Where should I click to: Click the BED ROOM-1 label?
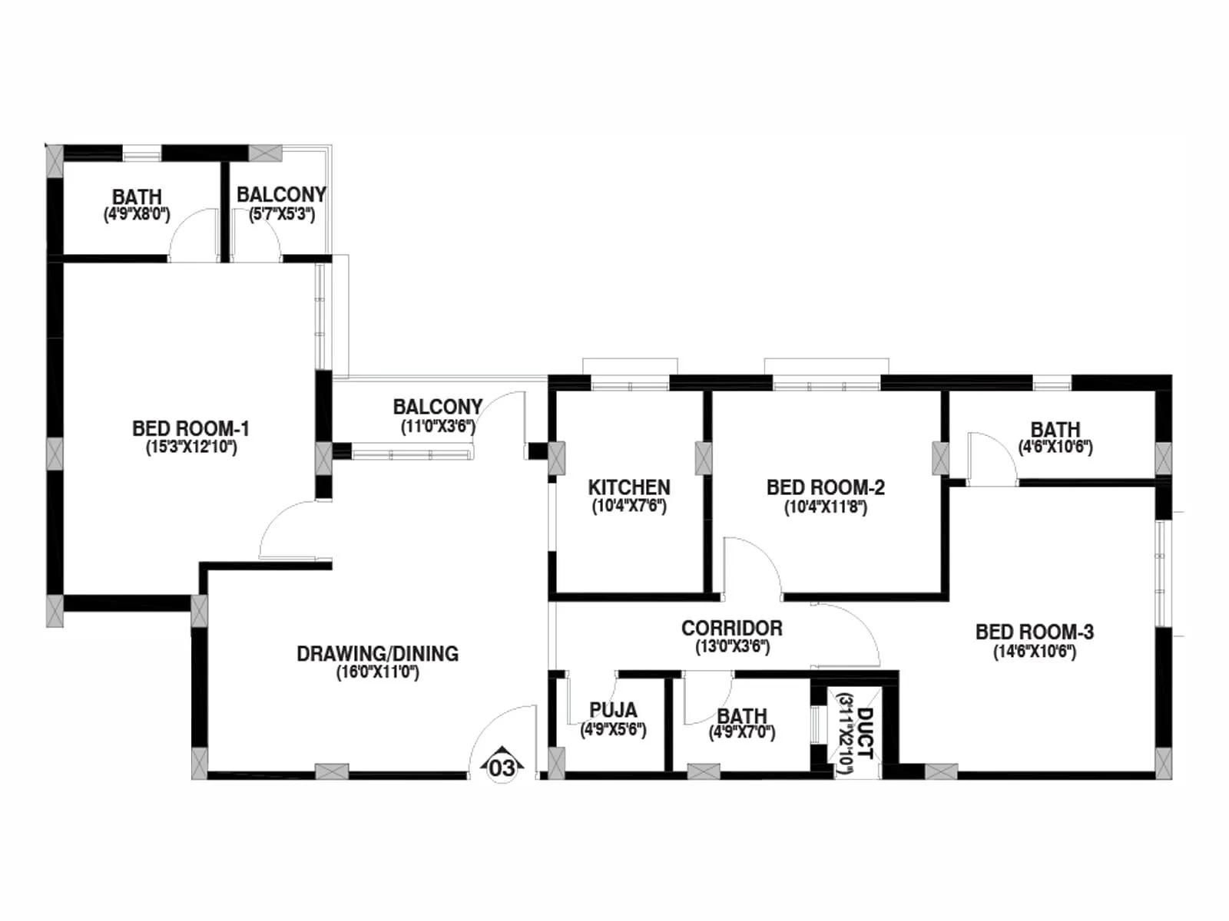coord(190,428)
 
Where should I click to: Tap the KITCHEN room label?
coord(629,487)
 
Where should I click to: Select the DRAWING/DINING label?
coord(378,654)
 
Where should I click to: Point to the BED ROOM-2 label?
coord(826,487)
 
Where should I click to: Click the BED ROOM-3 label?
coord(1035,632)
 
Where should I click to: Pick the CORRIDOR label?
coord(732,628)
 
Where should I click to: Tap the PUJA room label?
coord(613,710)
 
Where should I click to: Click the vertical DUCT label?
coord(864,733)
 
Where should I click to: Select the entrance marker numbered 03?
coord(502,767)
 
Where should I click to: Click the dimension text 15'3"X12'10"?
coord(191,447)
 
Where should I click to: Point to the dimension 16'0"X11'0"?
coord(378,673)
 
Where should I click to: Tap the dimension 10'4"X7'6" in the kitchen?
coord(629,507)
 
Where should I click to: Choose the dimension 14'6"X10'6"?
coord(1035,652)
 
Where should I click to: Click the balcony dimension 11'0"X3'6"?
coord(438,427)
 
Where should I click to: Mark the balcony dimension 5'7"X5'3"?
coord(282,214)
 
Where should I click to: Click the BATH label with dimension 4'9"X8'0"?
coord(137,197)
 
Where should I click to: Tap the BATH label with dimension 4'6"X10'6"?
coord(1055,429)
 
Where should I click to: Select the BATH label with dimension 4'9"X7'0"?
coord(742,716)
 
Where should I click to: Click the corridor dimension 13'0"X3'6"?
coord(732,647)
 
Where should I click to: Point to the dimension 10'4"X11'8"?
coord(826,507)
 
